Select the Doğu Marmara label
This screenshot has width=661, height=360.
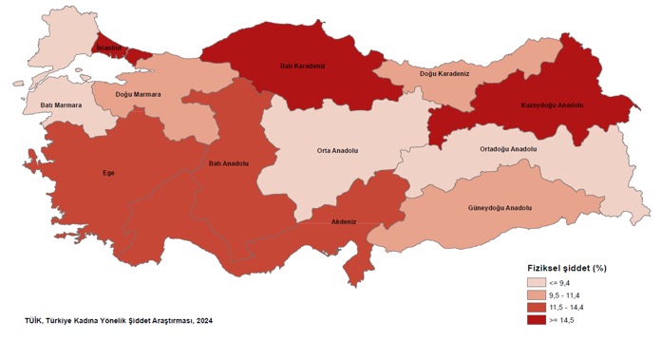point(138,94)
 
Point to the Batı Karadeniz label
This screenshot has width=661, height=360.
point(305,67)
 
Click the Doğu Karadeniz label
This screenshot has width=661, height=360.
point(444,73)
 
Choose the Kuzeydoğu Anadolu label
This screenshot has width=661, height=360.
point(551,104)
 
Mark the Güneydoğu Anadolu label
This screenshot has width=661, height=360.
point(500,207)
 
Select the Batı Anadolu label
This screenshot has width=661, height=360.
point(229,163)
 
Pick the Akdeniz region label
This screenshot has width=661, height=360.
point(343,221)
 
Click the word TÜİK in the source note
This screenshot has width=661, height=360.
point(34,321)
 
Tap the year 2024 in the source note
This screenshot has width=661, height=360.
point(202,321)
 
